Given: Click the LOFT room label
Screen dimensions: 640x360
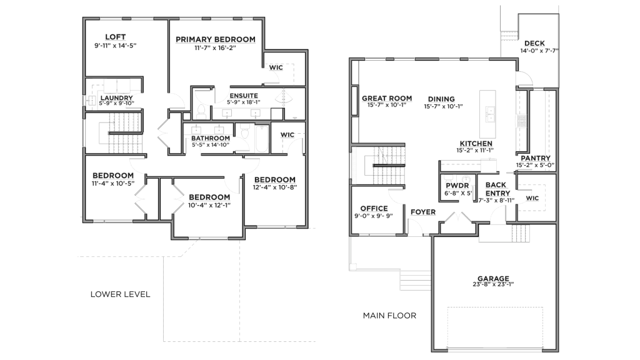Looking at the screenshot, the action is (115, 37).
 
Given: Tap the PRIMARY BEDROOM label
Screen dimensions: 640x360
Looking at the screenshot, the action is (216, 39).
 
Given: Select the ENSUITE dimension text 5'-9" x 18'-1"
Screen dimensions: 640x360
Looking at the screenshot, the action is (244, 102).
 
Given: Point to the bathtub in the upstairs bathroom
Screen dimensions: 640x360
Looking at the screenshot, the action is (261, 139).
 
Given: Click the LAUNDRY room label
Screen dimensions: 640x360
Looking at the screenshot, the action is (116, 98).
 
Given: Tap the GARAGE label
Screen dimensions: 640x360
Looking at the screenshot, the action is (494, 279).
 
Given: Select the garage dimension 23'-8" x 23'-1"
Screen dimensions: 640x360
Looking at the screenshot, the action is (493, 284).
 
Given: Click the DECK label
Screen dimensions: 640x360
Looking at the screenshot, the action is (535, 43).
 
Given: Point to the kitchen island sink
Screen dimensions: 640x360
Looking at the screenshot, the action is (489, 115).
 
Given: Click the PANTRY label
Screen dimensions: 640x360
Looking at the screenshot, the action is (536, 158).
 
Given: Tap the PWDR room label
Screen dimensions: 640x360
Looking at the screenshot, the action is (457, 186).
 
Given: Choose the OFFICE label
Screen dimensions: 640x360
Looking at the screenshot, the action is (374, 209).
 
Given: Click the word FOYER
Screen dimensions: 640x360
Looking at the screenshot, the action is (423, 212).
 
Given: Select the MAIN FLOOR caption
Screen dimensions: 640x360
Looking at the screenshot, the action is (389, 316).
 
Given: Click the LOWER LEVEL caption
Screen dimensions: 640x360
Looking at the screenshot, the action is (121, 294).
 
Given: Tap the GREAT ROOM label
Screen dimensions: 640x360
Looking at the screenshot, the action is (387, 98).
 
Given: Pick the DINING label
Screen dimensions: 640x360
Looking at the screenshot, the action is (441, 99).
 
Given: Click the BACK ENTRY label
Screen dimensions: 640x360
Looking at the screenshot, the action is (497, 189).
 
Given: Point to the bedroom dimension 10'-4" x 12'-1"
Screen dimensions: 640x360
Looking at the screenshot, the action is (209, 205).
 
